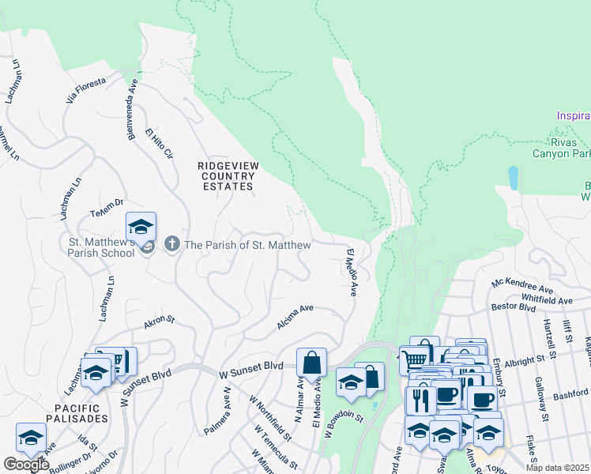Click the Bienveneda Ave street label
click(132, 109)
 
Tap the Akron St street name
click(158, 323)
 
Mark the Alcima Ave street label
click(295, 318)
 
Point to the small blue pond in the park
click(514, 179)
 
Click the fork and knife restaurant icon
click(420, 400)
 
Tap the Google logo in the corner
click(25, 465)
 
